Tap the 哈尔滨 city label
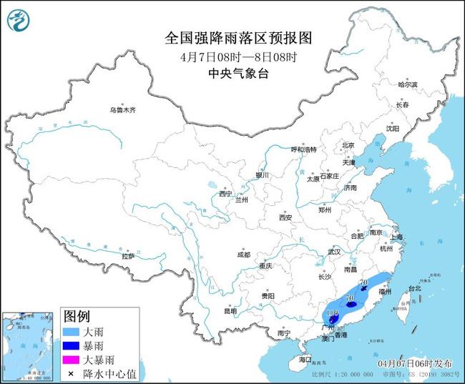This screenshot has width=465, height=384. click(x=407, y=84)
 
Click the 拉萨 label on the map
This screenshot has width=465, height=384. click(x=128, y=255)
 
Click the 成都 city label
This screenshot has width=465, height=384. click(x=243, y=255)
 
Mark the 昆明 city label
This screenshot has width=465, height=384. click(x=230, y=311)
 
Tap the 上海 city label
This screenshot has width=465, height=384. click(x=396, y=237)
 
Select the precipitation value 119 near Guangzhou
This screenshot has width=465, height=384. click(x=332, y=314)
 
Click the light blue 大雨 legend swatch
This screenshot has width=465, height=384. click(x=72, y=333)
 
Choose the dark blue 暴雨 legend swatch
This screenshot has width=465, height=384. click(x=72, y=345)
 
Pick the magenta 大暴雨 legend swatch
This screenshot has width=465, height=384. click(x=72, y=358)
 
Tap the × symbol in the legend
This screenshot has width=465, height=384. click(x=72, y=371)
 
